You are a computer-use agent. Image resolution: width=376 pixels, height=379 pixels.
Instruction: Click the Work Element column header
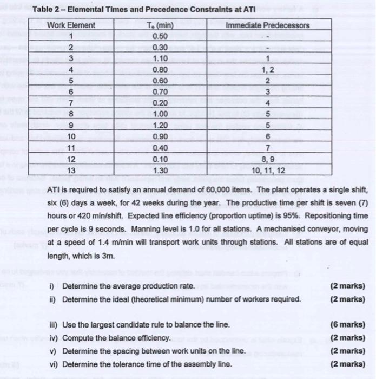point(71,25)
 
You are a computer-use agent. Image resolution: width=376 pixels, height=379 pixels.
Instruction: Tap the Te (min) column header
point(158,25)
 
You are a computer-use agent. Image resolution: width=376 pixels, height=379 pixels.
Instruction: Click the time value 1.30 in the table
point(158,171)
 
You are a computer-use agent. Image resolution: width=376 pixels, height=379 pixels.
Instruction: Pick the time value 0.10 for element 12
point(158,160)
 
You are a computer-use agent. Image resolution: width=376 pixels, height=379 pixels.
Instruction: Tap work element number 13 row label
point(71,171)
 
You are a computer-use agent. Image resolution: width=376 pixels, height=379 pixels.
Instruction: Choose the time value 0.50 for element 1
point(158,37)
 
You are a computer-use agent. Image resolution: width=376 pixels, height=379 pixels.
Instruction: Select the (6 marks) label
point(346,324)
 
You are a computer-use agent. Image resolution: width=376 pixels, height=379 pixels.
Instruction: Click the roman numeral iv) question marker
point(53,337)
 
